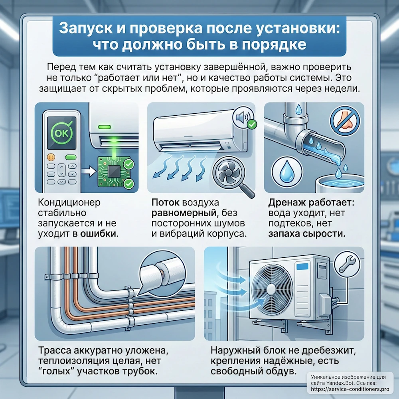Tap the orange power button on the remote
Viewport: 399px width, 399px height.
(51, 157)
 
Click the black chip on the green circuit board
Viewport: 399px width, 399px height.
(113, 172)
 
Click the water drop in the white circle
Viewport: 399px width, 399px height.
(287, 171)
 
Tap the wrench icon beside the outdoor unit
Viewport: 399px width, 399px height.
(347, 264)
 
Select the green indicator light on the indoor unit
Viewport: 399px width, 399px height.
(105, 127)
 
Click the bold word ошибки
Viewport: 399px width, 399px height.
(99, 233)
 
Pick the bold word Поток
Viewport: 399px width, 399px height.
(166, 202)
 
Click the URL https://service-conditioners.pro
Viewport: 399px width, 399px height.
(350, 389)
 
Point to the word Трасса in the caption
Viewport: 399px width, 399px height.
(55, 350)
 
